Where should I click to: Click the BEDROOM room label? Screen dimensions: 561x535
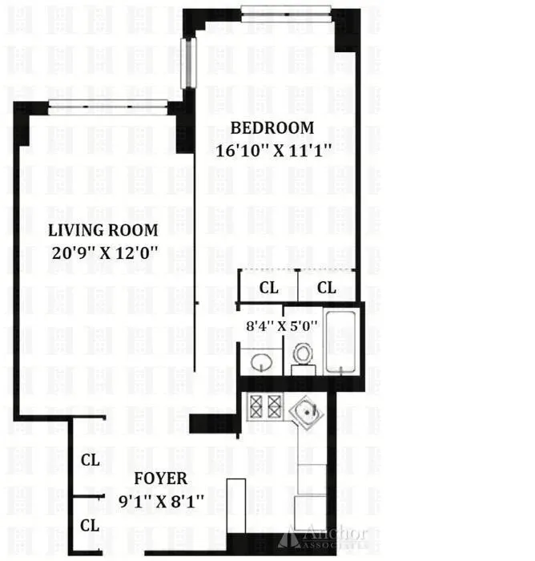pyautogui.click(x=272, y=127)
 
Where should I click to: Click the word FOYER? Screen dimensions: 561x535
pyautogui.click(x=161, y=479)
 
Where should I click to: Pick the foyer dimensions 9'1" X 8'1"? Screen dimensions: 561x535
pyautogui.click(x=161, y=500)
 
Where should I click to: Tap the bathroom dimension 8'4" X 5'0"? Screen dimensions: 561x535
pyautogui.click(x=282, y=326)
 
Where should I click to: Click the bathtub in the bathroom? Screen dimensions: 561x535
pyautogui.click(x=344, y=343)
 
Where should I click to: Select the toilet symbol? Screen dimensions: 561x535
pyautogui.click(x=303, y=355)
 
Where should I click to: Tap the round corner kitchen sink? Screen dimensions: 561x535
pyautogui.click(x=308, y=412)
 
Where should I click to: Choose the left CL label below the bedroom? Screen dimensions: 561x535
pyautogui.click(x=270, y=288)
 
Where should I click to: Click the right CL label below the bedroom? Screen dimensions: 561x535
pyautogui.click(x=327, y=288)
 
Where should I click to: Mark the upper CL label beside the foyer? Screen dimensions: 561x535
pyautogui.click(x=90, y=461)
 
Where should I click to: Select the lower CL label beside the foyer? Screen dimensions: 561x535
pyautogui.click(x=90, y=526)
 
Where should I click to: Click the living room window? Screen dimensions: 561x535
pyautogui.click(x=107, y=102)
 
